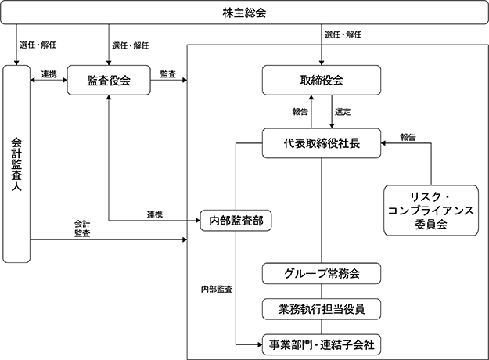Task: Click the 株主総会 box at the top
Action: pyautogui.click(x=244, y=13)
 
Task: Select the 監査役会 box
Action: pyautogui.click(x=109, y=80)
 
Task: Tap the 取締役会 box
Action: pyautogui.click(x=322, y=80)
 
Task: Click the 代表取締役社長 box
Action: pyautogui.click(x=322, y=143)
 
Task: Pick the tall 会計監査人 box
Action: pyautogui.click(x=16, y=164)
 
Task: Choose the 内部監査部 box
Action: pyautogui.click(x=236, y=221)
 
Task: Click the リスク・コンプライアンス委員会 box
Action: pyautogui.click(x=431, y=211)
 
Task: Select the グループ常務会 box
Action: pyautogui.click(x=322, y=273)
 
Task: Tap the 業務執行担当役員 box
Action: pyautogui.click(x=322, y=309)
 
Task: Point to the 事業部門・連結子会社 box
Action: pyautogui.click(x=322, y=344)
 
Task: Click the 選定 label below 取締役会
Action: pyautogui.click(x=343, y=112)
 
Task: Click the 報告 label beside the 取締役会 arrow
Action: pyautogui.click(x=300, y=112)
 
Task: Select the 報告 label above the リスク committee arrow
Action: pyautogui.click(x=408, y=137)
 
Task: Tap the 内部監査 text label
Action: pyautogui.click(x=217, y=290)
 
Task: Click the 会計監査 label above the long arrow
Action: pyautogui.click(x=82, y=229)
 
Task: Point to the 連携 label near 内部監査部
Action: pyautogui.click(x=155, y=214)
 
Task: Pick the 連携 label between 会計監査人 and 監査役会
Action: pyautogui.click(x=49, y=74)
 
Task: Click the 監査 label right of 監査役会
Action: pyautogui.click(x=168, y=74)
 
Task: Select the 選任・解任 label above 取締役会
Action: pyautogui.click(x=343, y=34)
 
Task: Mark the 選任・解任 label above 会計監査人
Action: pyautogui.click(x=38, y=45)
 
